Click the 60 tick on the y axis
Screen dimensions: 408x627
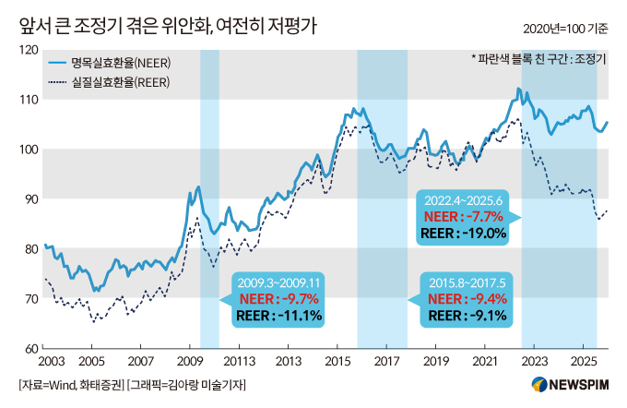[30, 349]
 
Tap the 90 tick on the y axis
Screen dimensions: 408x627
[30, 199]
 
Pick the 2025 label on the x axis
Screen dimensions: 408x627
[582, 361]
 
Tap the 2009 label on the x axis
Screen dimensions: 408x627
[189, 361]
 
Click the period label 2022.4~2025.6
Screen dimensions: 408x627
[463, 199]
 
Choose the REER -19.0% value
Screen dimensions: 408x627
[463, 234]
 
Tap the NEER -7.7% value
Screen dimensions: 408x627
[463, 216]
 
